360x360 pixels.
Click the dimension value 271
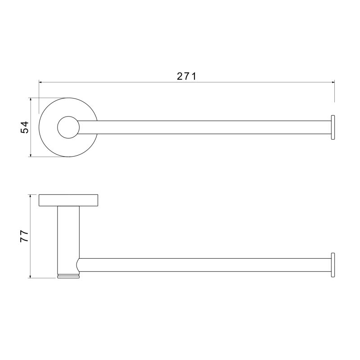[186, 76]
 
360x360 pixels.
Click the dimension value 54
[25, 127]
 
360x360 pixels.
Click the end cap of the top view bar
[333, 127]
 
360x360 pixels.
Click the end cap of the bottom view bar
[333, 265]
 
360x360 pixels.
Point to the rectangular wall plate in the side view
[68, 200]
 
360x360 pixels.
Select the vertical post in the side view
[68, 240]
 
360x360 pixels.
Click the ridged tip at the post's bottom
[68, 276]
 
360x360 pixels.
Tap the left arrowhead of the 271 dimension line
[40, 82]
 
